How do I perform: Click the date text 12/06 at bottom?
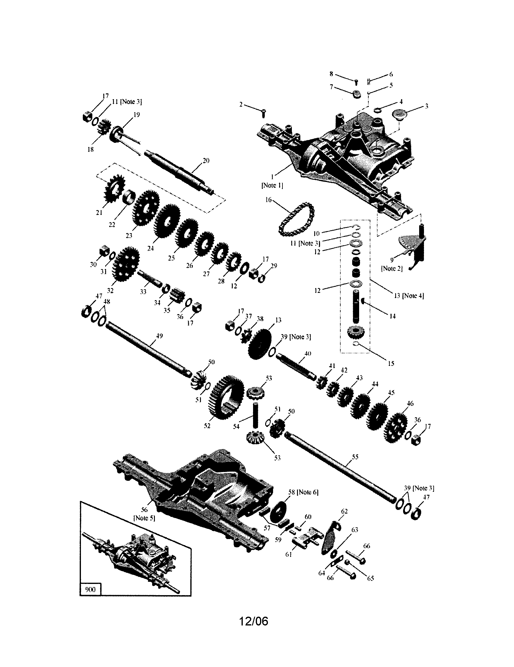253,621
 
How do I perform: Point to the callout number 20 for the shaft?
206,161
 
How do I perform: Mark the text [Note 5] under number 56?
144,518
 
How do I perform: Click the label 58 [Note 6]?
303,492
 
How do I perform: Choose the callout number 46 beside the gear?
410,403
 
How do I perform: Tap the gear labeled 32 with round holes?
125,264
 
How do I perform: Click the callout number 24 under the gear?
151,248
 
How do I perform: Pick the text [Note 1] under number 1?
272,185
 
